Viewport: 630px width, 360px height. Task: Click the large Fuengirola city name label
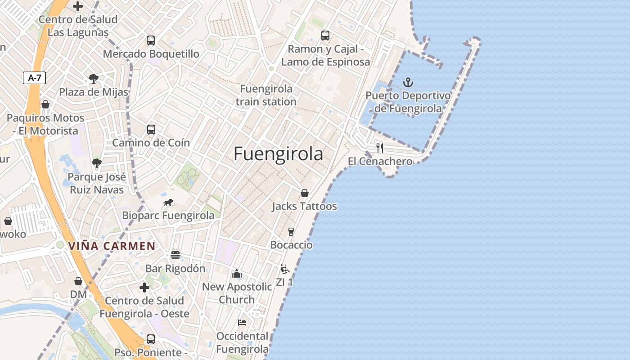[278, 154]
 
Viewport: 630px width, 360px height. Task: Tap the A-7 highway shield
[35, 78]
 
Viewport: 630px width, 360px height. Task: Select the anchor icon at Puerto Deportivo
[408, 82]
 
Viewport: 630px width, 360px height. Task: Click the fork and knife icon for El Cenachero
[380, 148]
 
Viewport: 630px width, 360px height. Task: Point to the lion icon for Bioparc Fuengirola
[168, 202]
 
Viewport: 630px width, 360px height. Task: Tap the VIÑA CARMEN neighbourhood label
[112, 246]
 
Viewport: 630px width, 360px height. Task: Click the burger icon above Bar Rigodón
[175, 255]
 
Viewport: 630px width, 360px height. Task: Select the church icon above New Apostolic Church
[237, 274]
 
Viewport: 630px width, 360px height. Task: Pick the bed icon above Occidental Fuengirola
[242, 323]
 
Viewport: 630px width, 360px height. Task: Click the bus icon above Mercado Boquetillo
[151, 40]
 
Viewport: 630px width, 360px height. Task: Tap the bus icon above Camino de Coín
[151, 130]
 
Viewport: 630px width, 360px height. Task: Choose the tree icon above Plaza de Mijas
[94, 79]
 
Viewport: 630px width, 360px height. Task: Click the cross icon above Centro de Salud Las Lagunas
[78, 6]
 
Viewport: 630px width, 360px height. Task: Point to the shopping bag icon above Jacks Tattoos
[305, 193]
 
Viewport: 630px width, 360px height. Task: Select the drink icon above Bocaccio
[291, 232]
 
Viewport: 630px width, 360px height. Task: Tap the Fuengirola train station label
[266, 95]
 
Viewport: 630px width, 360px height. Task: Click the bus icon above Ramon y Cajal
[325, 36]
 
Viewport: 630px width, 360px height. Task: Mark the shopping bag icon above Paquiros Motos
[45, 104]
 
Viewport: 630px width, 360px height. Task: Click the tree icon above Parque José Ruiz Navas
[96, 163]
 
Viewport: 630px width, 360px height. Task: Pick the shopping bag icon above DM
[78, 281]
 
